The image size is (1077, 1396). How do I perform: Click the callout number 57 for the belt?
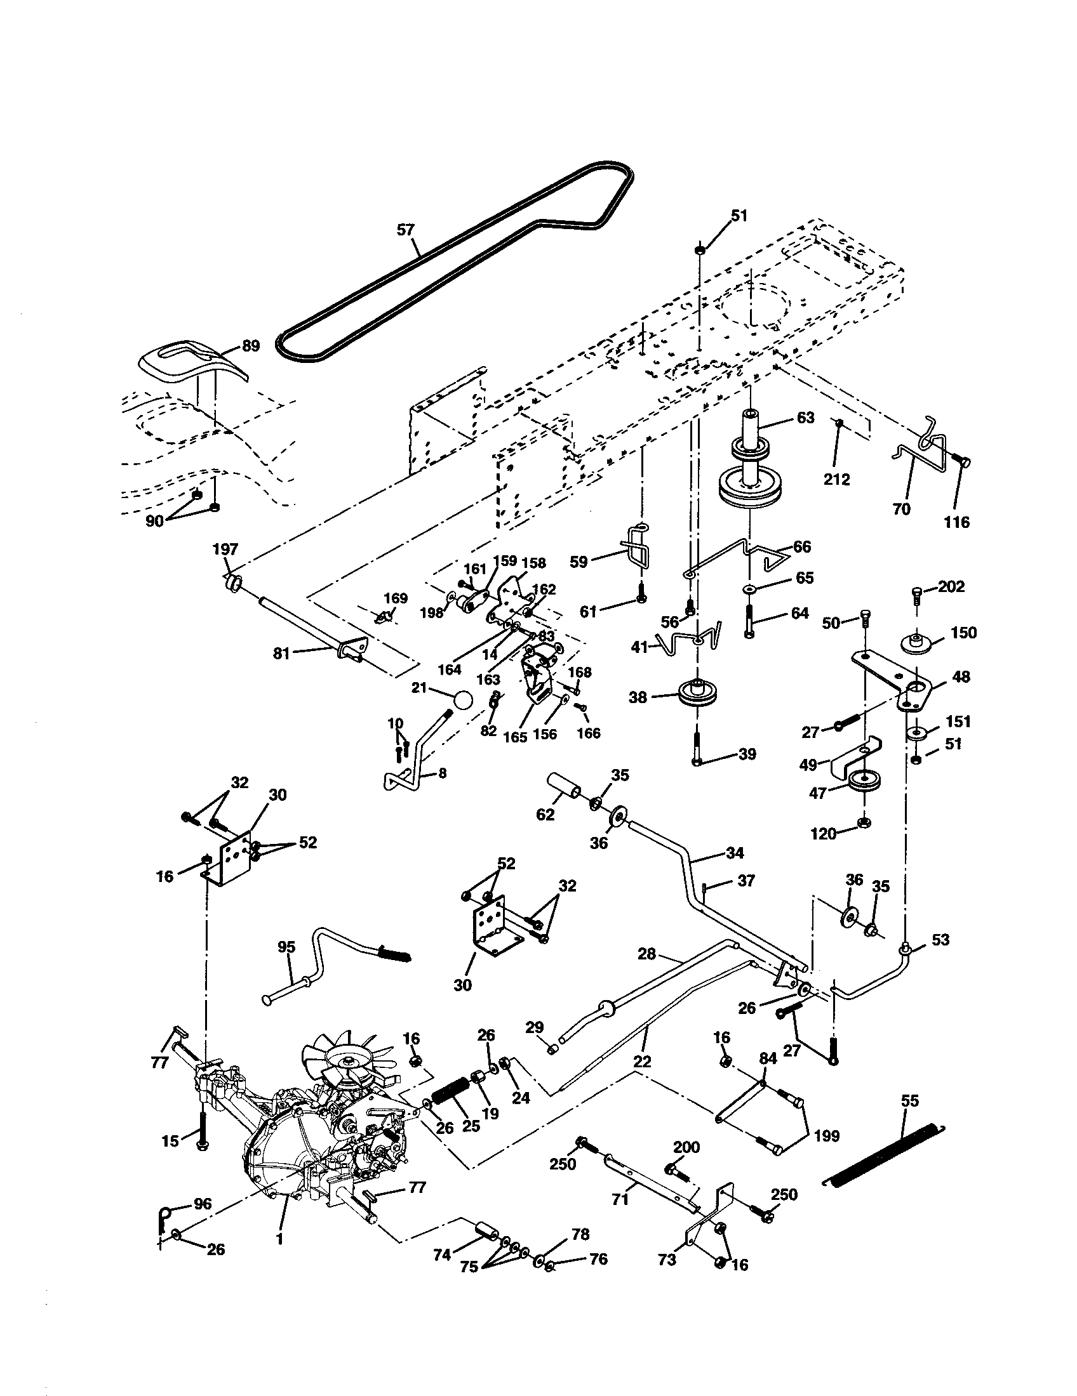(406, 230)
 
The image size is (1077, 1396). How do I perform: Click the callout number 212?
(836, 479)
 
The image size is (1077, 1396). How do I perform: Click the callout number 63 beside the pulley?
(805, 418)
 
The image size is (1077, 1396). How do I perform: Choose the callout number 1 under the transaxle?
(279, 1256)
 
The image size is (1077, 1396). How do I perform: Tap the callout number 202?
(951, 586)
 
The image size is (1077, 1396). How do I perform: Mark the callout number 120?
(824, 834)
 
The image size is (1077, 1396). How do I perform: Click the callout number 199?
(827, 1136)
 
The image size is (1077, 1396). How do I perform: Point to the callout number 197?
(225, 549)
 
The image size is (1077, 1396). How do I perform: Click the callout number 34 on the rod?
(735, 853)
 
